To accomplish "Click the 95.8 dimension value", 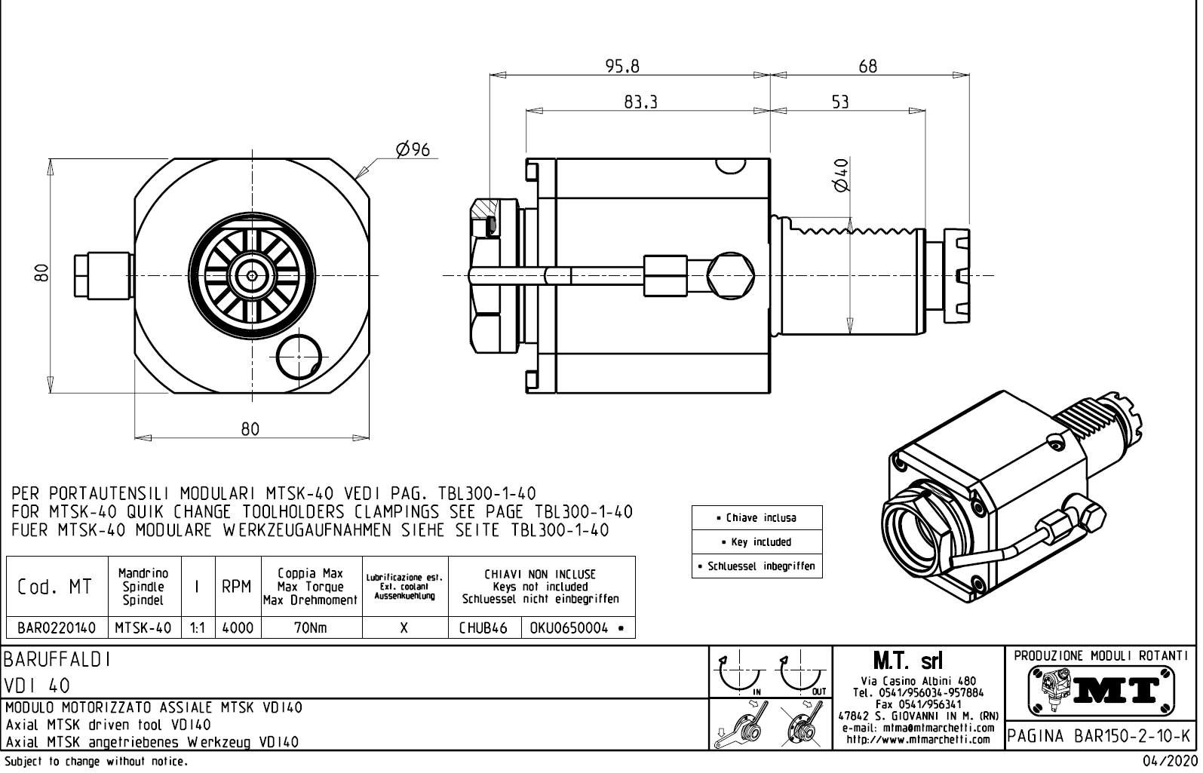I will tap(622, 66).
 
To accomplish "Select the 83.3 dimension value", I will tap(640, 103).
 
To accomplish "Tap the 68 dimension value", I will tap(867, 66).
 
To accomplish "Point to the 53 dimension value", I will tap(840, 103).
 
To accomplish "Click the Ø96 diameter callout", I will tap(413, 149).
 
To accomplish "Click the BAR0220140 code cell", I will tap(57, 627).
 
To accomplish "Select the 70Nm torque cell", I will tap(311, 627).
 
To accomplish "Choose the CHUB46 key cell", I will tap(483, 627).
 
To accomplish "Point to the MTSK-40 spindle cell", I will tap(143, 627).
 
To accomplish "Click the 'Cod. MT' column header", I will tap(55, 587).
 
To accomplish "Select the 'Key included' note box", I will tap(756, 541).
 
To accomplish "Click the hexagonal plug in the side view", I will tap(732, 274).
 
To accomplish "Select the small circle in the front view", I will tap(299, 357).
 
